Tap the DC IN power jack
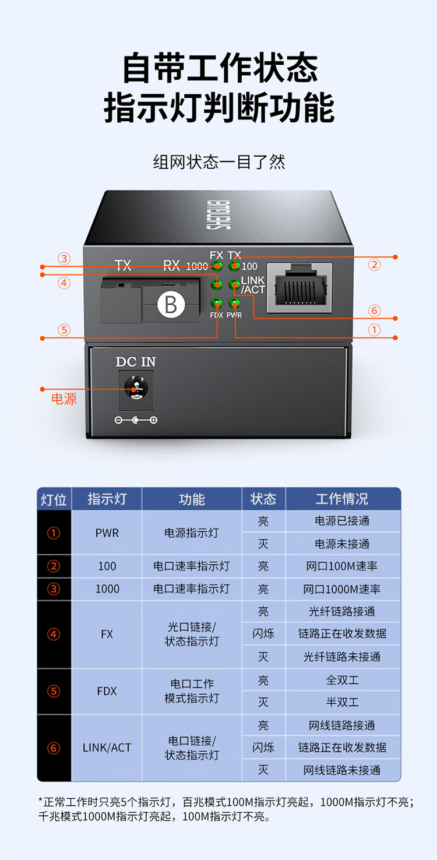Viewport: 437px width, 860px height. pos(136,389)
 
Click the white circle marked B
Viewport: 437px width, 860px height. pos(171,305)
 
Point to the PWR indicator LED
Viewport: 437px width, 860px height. pos(234,304)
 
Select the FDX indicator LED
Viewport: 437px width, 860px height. pos(217,304)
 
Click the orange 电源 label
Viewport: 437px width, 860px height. pos(64,399)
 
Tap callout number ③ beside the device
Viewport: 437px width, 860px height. pos(64,258)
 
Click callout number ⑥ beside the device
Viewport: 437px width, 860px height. pos(375,310)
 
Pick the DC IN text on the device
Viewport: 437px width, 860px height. pos(136,362)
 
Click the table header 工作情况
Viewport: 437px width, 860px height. pos(342,499)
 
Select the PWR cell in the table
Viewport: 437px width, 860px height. pos(107,533)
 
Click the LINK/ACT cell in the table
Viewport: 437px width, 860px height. pos(107,748)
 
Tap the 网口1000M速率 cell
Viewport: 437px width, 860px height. pos(342,589)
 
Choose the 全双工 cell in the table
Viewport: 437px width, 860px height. pos(342,680)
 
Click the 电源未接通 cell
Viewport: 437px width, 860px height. pos(342,544)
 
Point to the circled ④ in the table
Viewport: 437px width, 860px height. pos(54,635)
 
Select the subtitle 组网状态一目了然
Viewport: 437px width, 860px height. pos(219,161)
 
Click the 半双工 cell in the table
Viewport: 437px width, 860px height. pos(342,702)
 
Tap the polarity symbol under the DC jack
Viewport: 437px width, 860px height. pos(136,420)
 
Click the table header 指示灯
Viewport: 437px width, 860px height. pos(107,499)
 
